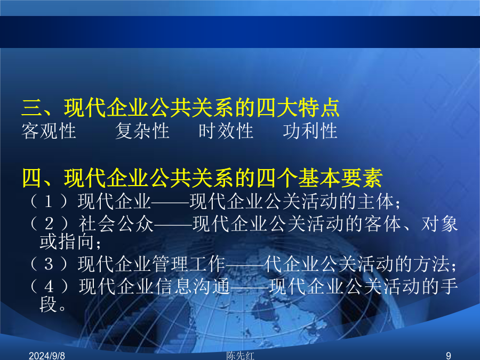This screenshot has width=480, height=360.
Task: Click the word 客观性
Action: [49, 131]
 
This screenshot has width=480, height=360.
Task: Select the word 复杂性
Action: [142, 131]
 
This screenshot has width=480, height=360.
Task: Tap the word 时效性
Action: [226, 131]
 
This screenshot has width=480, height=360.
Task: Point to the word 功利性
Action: [310, 131]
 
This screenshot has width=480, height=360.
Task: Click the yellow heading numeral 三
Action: [32, 108]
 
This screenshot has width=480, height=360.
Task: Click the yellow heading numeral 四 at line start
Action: [32, 178]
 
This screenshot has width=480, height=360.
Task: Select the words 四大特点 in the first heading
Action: [298, 108]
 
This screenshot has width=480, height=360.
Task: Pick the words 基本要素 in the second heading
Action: [340, 178]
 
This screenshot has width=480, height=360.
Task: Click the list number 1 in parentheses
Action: [49, 202]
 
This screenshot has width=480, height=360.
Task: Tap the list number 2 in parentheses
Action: [49, 224]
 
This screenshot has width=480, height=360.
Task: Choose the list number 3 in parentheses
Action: [49, 264]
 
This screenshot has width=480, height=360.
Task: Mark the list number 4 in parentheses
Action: [49, 286]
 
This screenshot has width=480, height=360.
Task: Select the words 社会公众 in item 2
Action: [116, 224]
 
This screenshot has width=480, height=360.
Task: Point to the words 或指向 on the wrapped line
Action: [67, 242]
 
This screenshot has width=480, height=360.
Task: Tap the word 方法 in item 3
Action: [431, 264]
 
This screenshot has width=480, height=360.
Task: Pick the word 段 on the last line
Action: [48, 305]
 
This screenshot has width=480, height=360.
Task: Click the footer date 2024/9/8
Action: [47, 356]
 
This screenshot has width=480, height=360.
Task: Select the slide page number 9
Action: [449, 356]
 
